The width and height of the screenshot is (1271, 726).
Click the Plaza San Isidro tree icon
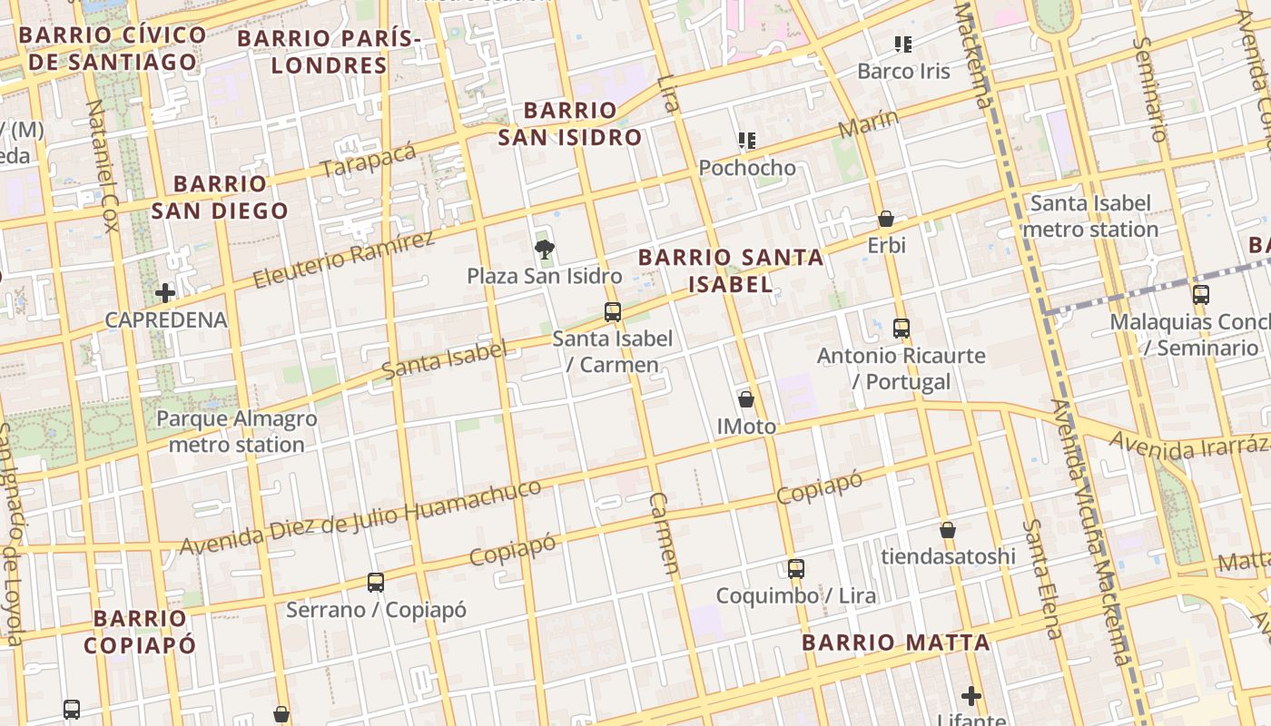[x=545, y=249]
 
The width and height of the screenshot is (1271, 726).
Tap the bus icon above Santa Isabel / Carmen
[x=613, y=312]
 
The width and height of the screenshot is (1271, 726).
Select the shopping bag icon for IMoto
[x=746, y=399]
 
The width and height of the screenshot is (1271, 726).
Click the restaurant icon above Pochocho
[x=747, y=141]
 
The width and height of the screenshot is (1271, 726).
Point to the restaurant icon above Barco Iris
[x=902, y=44]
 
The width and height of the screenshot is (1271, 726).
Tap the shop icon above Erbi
[x=886, y=219]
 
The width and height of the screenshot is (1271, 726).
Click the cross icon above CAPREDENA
[x=165, y=293]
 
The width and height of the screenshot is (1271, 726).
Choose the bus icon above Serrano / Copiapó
[x=376, y=582]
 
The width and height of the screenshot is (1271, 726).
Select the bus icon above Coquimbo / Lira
[x=795, y=569]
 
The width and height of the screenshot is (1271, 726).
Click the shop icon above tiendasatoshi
[x=948, y=530]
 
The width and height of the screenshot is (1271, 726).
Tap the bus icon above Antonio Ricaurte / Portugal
[x=901, y=328]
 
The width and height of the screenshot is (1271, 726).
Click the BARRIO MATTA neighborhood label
[x=895, y=643]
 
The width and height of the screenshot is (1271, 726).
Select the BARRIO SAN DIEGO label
[x=220, y=197]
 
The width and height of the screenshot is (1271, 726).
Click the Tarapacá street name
[x=368, y=160]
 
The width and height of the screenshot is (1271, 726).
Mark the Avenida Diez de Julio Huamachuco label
[x=360, y=517]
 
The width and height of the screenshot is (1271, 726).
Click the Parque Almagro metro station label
[x=236, y=431]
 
